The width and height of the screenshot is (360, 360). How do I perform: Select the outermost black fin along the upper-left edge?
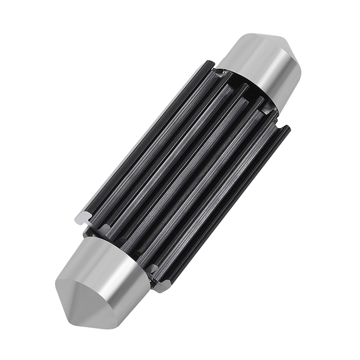144,139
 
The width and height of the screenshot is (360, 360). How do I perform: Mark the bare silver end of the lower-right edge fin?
161,287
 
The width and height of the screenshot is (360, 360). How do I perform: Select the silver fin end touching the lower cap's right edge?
152,270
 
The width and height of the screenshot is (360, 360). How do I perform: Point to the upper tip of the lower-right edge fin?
287,129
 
